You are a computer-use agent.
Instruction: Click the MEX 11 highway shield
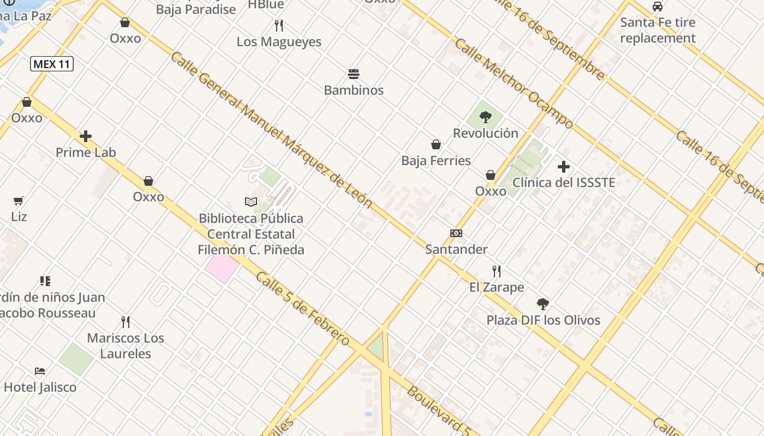pyautogui.click(x=51, y=64)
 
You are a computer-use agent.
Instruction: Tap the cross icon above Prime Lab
pyautogui.click(x=86, y=136)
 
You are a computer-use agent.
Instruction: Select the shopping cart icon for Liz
pyautogui.click(x=19, y=201)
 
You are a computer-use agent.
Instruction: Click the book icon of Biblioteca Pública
pyautogui.click(x=251, y=202)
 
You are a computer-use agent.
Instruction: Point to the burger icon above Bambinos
pyautogui.click(x=354, y=74)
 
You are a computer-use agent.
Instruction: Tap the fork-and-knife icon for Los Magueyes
pyautogui.click(x=279, y=25)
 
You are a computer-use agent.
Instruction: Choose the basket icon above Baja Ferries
pyautogui.click(x=436, y=144)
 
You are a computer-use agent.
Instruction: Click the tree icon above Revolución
pyautogui.click(x=485, y=117)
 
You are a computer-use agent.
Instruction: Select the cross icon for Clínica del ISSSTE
pyautogui.click(x=564, y=167)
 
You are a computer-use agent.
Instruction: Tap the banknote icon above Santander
pyautogui.click(x=456, y=233)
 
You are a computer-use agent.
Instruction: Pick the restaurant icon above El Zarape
pyautogui.click(x=497, y=271)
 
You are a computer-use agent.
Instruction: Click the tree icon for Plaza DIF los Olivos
pyautogui.click(x=542, y=304)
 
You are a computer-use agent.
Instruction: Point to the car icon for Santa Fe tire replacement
pyautogui.click(x=658, y=7)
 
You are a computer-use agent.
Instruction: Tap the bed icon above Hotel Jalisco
pyautogui.click(x=40, y=371)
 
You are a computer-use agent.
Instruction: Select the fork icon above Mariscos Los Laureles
pyautogui.click(x=126, y=322)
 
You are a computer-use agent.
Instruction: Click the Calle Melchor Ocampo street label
pyautogui.click(x=513, y=83)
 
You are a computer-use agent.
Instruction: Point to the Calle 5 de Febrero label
pyautogui.click(x=302, y=308)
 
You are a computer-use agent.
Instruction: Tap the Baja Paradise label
pyautogui.click(x=196, y=9)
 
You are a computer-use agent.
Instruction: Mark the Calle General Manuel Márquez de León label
pyautogui.click(x=271, y=130)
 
